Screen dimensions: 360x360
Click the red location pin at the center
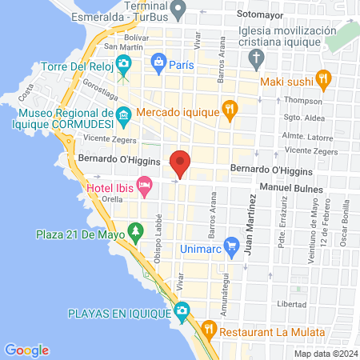(180, 163)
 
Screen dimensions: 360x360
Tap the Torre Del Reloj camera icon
(123, 64)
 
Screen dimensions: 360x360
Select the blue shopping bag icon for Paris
(159, 62)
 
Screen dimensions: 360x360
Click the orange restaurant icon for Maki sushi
(323, 78)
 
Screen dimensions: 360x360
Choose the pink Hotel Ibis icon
(145, 188)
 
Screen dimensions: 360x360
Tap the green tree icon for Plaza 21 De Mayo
(135, 232)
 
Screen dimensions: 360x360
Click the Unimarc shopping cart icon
(232, 244)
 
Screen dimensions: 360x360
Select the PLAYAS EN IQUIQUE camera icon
(182, 310)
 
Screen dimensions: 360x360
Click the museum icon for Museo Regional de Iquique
(123, 118)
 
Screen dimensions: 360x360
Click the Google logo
(26, 350)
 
